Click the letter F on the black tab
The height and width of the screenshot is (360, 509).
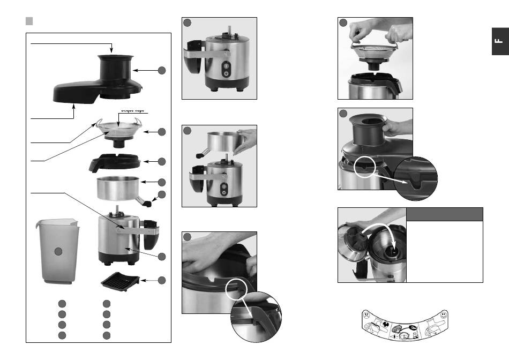tap(498, 42)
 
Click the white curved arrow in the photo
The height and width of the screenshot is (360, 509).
tap(378, 229)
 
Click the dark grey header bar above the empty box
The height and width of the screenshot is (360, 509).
tap(445, 214)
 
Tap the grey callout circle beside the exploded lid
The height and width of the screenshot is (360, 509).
tap(161, 70)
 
